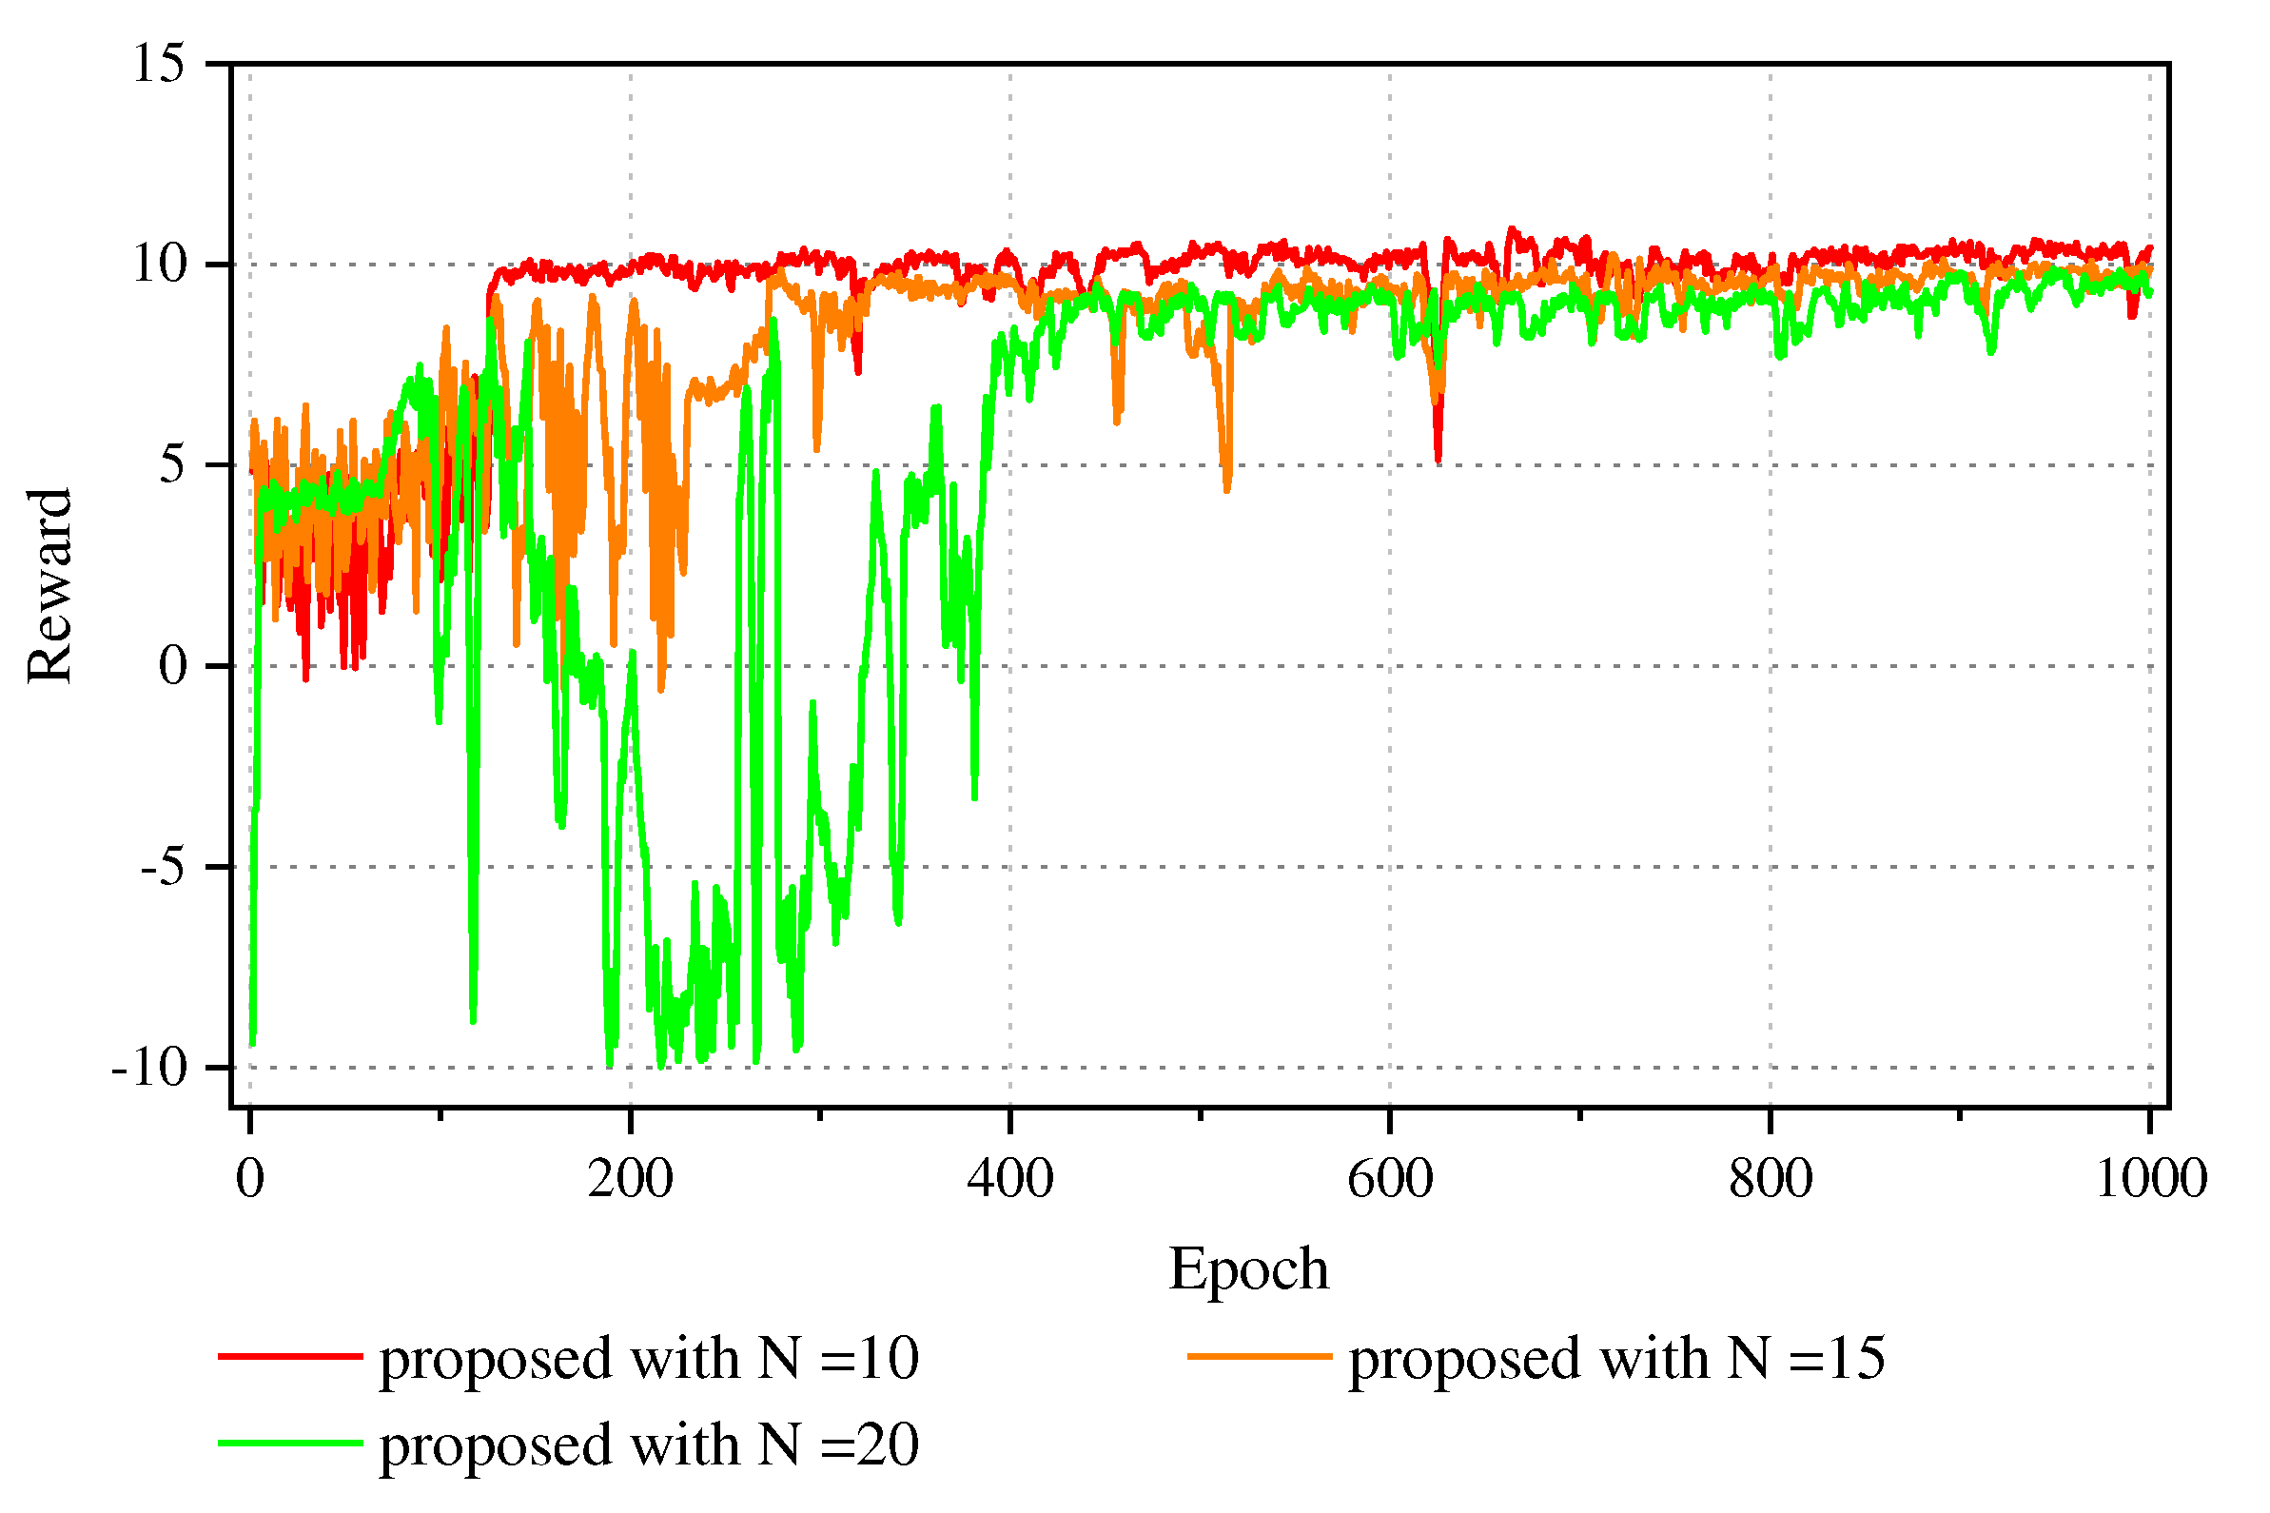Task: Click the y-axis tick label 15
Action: pos(159,65)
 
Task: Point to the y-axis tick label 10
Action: pos(159,264)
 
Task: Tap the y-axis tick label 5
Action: pos(171,464)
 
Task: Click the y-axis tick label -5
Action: pos(162,867)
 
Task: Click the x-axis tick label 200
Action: pos(630,1179)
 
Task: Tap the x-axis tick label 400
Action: pos(1010,1179)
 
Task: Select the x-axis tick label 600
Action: pos(1389,1179)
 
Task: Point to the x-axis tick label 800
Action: pos(1770,1179)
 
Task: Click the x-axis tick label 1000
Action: pos(2150,1179)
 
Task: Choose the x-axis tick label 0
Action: pos(250,1179)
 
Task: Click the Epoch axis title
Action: pos(1248,1269)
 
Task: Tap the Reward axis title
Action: pos(49,586)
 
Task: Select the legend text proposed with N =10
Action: pos(648,1359)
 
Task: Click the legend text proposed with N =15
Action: pos(1615,1359)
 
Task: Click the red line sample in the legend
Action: pos(289,1357)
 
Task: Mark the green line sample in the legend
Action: pos(289,1444)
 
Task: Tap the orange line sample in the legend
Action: pos(1259,1357)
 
